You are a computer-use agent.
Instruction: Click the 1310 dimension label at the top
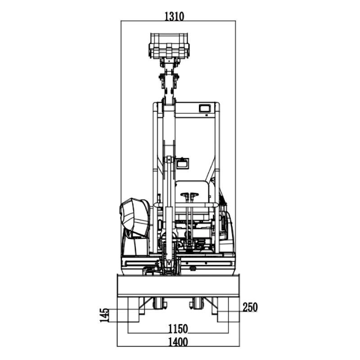tap(174, 16)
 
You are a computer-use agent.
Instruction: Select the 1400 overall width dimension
tap(178, 342)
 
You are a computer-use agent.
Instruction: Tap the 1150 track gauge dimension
tap(178, 329)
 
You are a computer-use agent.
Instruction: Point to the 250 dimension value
tap(250, 307)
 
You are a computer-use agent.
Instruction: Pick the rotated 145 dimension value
tap(104, 315)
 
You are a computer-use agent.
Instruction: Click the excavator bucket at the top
tap(170, 46)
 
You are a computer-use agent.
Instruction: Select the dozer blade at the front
tap(178, 285)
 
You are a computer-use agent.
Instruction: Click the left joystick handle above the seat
tap(185, 195)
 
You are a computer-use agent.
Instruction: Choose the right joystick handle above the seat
tap(194, 195)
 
